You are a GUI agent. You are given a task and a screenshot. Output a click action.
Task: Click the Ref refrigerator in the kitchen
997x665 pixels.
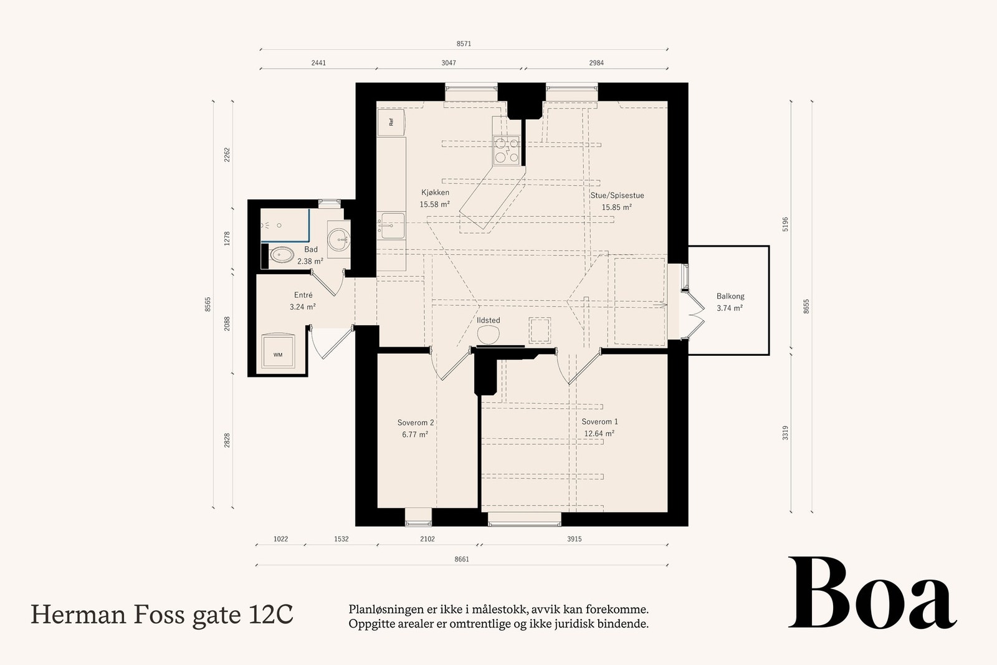(x=391, y=122)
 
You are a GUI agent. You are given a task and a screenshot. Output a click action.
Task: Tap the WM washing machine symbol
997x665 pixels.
(x=278, y=352)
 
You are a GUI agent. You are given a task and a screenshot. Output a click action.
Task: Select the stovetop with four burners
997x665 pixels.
(x=507, y=150)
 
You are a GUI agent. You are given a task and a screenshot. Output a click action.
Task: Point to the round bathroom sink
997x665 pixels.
(x=339, y=239)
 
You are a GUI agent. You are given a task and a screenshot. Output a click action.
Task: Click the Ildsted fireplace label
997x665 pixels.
(x=489, y=320)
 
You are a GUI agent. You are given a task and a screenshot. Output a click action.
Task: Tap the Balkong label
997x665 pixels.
(x=730, y=296)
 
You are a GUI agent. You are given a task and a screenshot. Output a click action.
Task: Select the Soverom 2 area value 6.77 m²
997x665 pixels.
(x=415, y=434)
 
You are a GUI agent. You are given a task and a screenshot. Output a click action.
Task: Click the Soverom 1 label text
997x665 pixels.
(x=599, y=421)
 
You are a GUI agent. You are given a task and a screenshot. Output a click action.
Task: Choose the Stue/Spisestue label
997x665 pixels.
(x=617, y=196)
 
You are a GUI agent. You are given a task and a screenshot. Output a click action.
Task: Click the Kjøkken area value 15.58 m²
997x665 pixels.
(x=434, y=204)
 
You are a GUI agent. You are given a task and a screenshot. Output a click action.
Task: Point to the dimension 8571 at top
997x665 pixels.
(x=464, y=44)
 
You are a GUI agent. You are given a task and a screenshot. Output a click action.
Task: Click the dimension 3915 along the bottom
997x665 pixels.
(x=574, y=539)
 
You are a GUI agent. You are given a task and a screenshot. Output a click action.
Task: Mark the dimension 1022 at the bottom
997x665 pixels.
(x=280, y=539)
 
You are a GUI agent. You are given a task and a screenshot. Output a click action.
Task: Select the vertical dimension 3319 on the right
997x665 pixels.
(x=785, y=433)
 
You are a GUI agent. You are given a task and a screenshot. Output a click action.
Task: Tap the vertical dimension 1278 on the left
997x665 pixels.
(x=227, y=239)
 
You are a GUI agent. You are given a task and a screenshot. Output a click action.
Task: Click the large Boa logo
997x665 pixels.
(x=872, y=593)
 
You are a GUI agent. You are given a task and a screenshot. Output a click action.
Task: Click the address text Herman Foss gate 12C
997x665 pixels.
(x=162, y=615)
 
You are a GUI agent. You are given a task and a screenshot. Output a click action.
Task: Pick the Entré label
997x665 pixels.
(x=303, y=295)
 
